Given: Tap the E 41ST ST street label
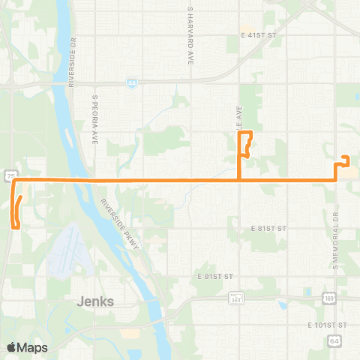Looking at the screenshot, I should [x=259, y=35].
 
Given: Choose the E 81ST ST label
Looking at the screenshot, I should [x=269, y=227].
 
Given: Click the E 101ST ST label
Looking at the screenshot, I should [x=328, y=325].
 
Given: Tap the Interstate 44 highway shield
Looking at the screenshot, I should [x=131, y=83].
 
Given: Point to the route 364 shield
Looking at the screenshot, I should [x=234, y=298].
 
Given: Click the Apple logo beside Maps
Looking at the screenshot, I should [x=12, y=347].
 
